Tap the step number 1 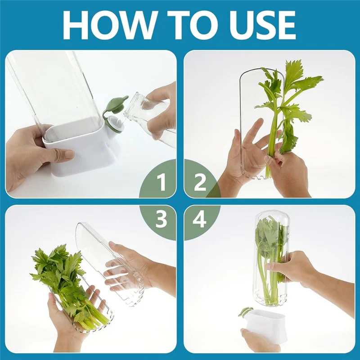[161, 183]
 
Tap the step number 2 [199, 183]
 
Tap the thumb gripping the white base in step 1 [58, 153]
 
